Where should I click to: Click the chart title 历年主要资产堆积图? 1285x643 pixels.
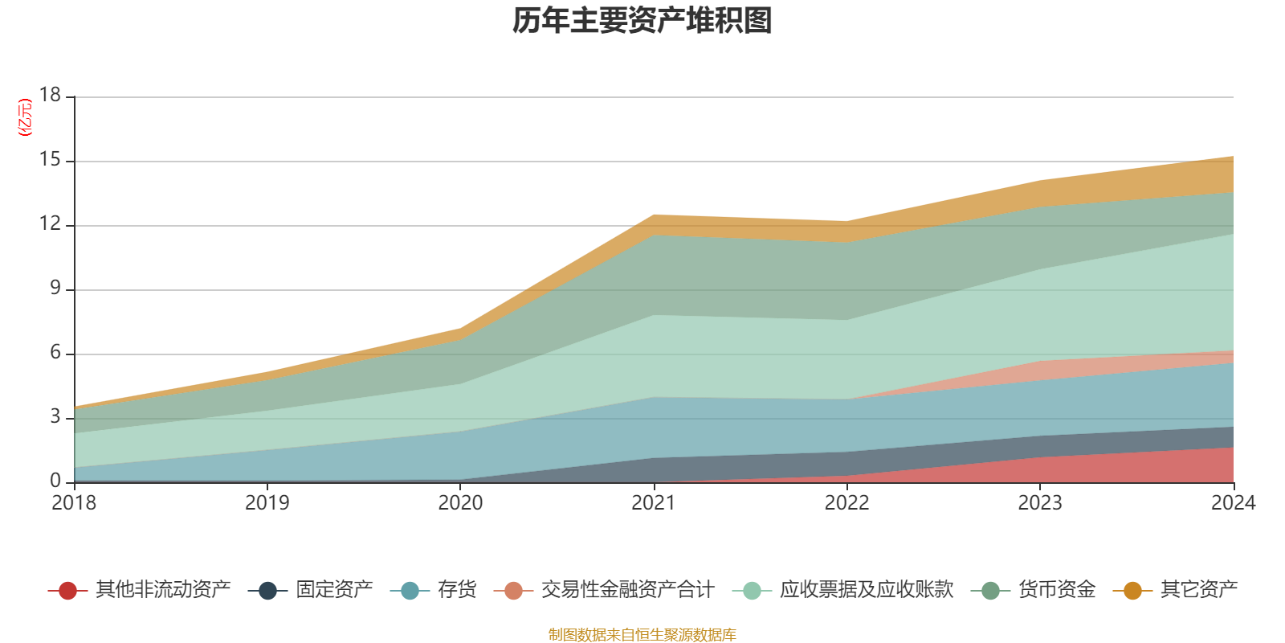(x=642, y=22)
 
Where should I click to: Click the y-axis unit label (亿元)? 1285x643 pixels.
(x=25, y=117)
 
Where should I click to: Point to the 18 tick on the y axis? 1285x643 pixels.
(x=50, y=95)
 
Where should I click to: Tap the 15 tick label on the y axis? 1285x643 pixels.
(x=50, y=160)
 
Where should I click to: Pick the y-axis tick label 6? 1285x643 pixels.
(x=55, y=352)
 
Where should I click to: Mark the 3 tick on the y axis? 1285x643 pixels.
(x=55, y=416)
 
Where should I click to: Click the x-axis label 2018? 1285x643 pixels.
(x=74, y=503)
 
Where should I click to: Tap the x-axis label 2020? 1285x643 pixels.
(x=460, y=503)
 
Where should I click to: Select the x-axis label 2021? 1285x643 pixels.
(x=654, y=503)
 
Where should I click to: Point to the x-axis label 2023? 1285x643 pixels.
(x=1040, y=503)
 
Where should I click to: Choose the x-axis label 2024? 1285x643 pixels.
(x=1233, y=503)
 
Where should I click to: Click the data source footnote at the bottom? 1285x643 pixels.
(x=642, y=635)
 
